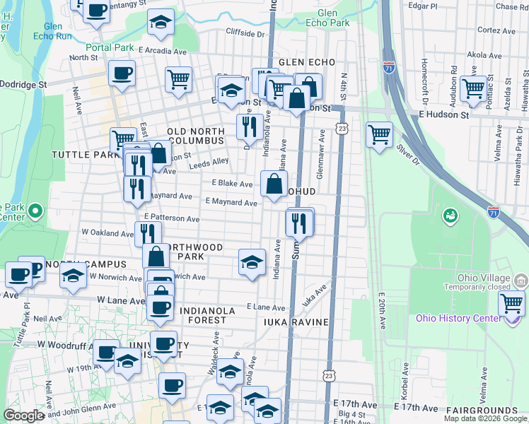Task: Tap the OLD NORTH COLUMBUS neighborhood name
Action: coord(207,132)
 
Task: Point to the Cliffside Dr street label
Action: coord(245,33)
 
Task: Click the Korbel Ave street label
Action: coord(406,378)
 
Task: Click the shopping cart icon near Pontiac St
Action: coord(472,88)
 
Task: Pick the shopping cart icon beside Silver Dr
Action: coord(380,133)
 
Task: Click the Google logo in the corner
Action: coord(25,416)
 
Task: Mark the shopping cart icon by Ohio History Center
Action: coord(511,304)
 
